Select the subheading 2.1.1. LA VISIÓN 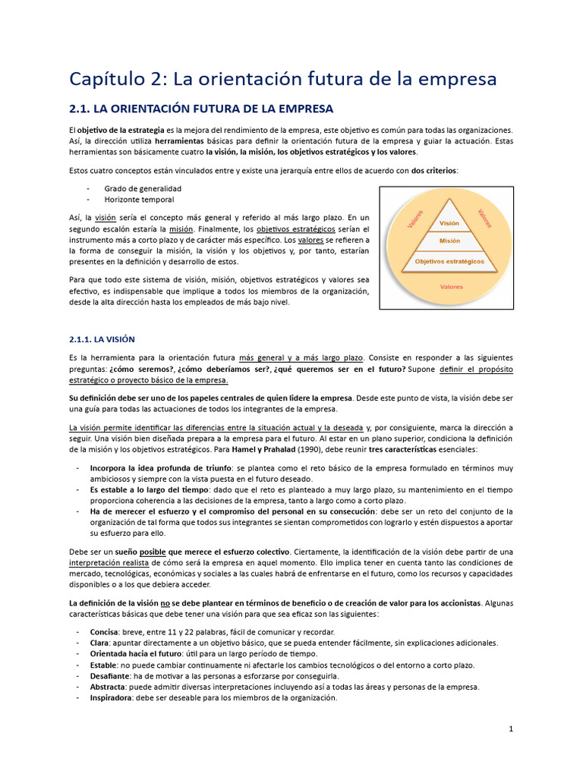coord(101,338)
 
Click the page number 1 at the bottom coord(512,729)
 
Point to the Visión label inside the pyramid coord(449,223)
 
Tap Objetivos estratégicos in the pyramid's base coord(449,261)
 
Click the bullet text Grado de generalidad coord(143,188)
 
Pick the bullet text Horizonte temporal coord(139,200)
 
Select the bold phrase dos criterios coord(436,170)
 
